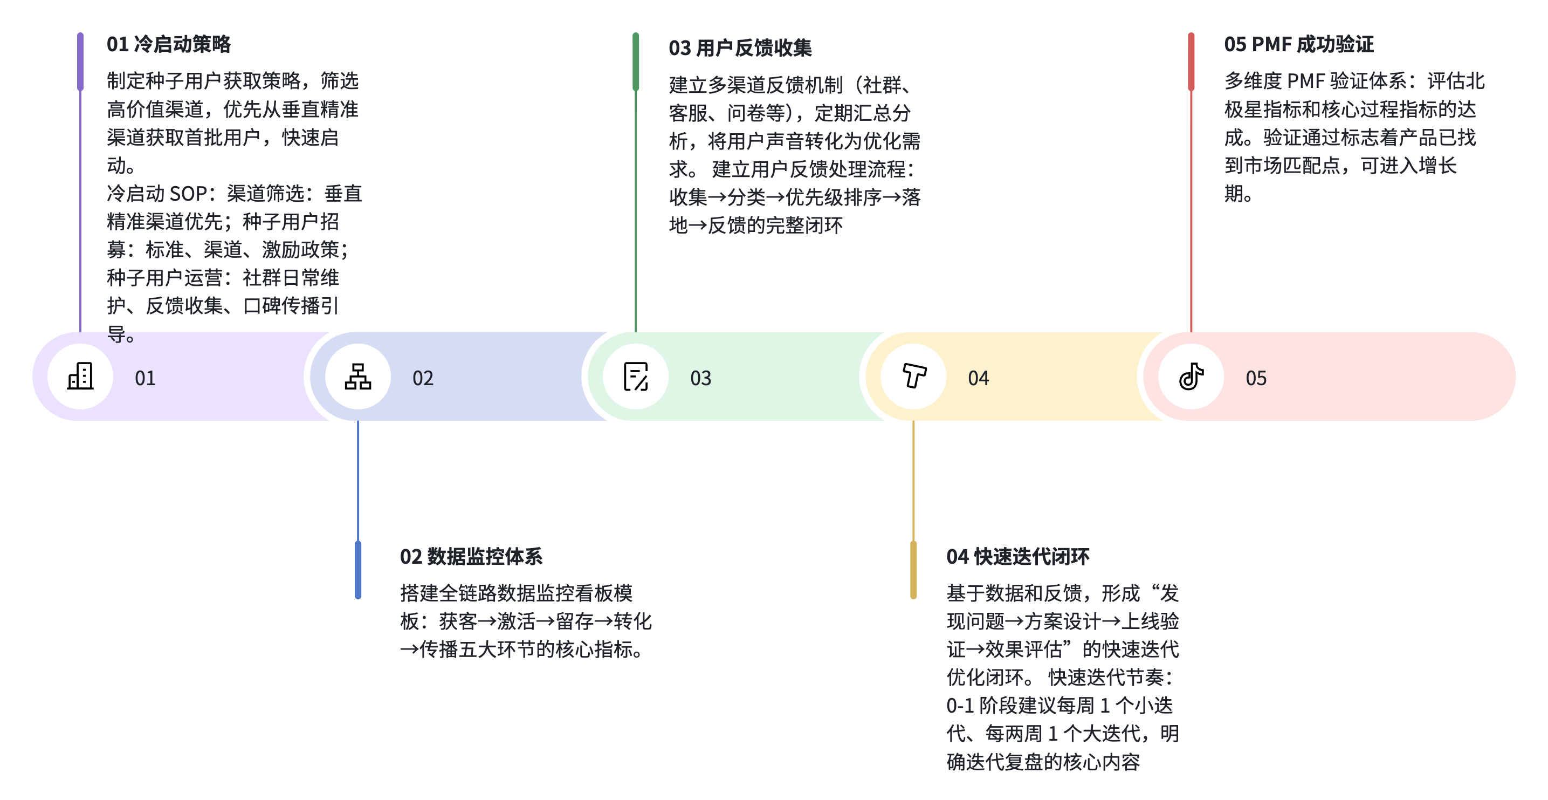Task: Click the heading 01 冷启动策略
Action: coord(169,44)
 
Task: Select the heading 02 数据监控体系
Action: coord(471,557)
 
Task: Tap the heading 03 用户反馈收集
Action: coord(740,48)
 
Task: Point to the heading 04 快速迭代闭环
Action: coord(1017,557)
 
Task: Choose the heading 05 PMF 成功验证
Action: coord(1298,44)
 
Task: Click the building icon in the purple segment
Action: coord(80,376)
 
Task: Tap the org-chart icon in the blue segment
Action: coord(358,376)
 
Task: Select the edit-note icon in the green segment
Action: coord(636,376)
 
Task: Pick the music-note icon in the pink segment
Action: coord(1191,376)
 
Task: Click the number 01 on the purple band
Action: coord(146,378)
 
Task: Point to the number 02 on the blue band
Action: coord(423,378)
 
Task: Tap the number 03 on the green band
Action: coord(701,378)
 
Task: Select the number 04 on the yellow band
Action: coord(978,378)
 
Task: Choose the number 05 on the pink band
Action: coord(1256,378)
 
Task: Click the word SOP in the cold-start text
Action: coord(189,194)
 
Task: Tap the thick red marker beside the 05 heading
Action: coord(1191,61)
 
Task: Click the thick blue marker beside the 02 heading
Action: coord(358,570)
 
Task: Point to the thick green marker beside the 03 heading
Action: coord(636,61)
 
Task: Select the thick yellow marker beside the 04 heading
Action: coord(913,570)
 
